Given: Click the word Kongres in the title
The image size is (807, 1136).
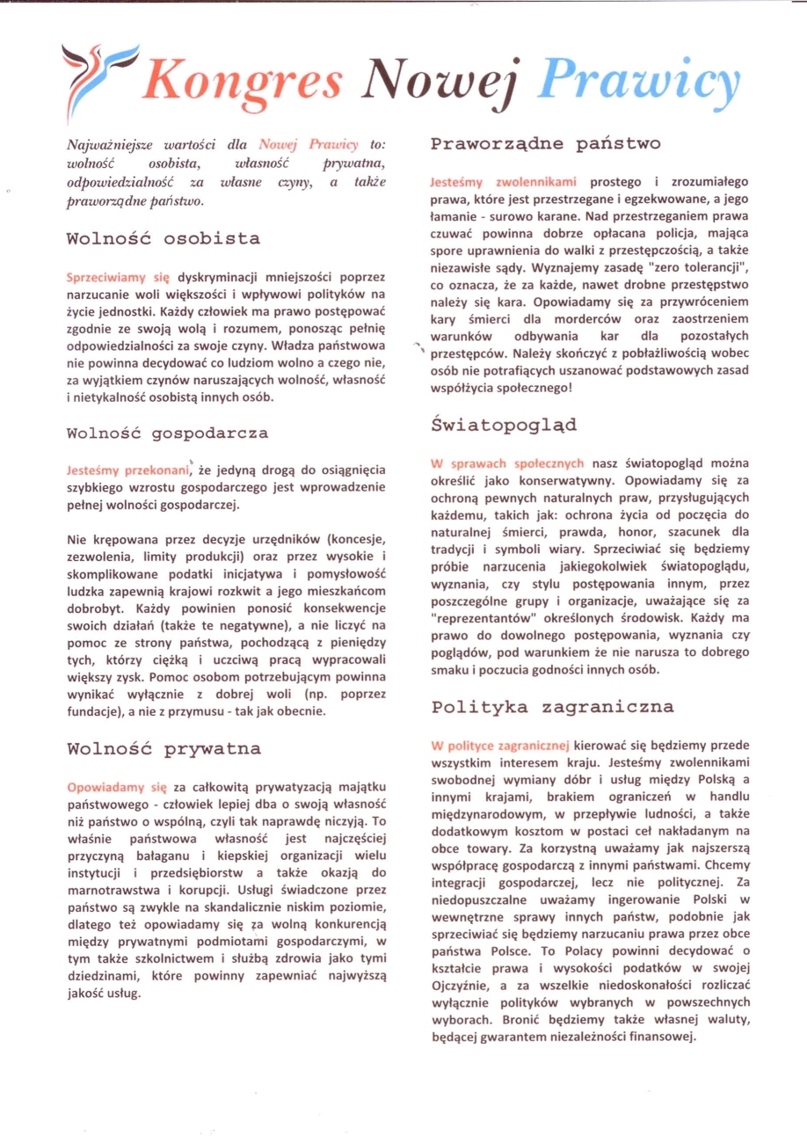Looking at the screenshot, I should (x=245, y=82).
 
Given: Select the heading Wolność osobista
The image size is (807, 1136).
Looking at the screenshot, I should (x=163, y=239).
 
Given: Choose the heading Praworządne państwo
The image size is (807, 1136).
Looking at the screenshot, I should (x=546, y=142).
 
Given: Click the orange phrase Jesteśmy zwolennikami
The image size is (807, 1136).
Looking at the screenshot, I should (x=503, y=182).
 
